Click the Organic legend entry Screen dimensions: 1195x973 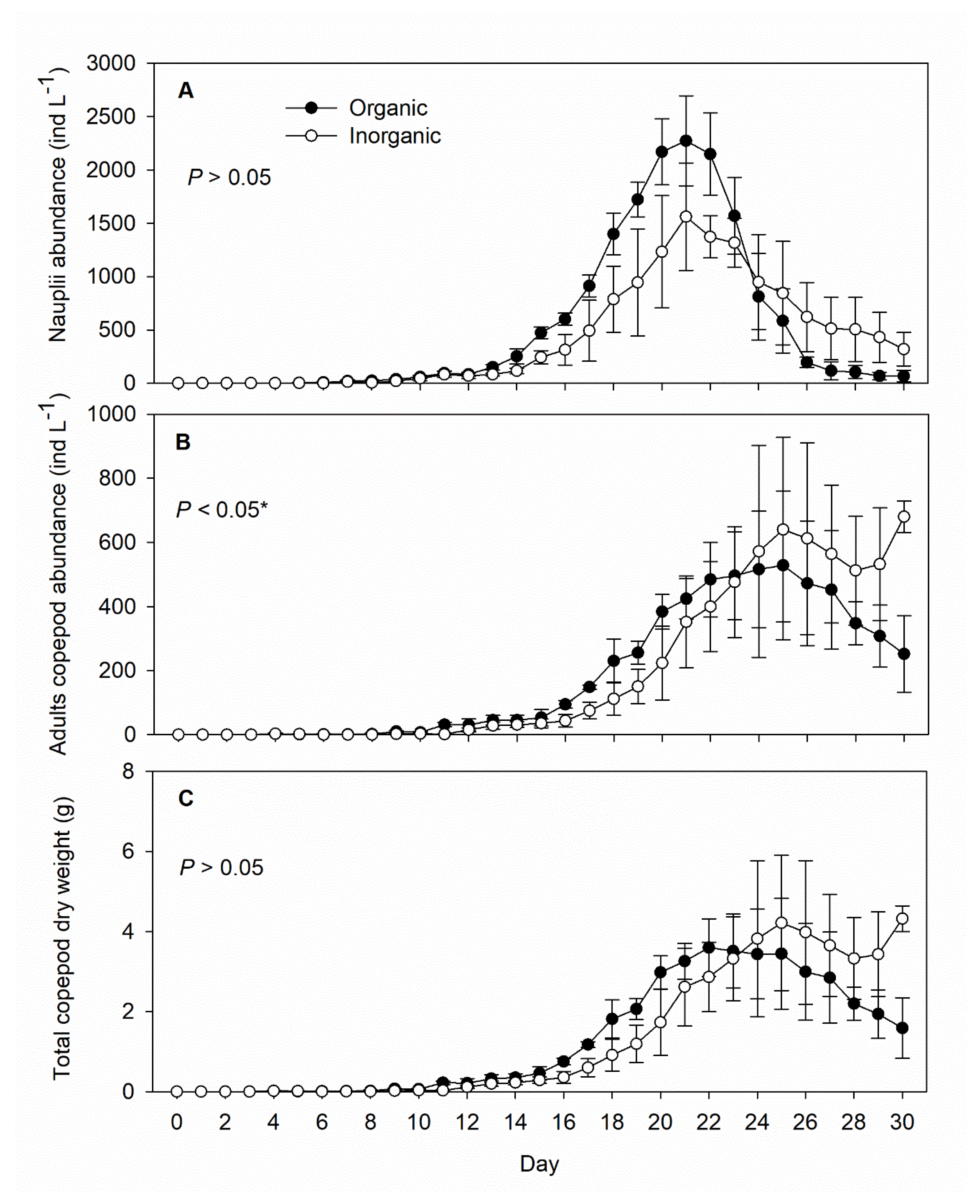click(x=388, y=108)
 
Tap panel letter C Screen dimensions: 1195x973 click(x=186, y=798)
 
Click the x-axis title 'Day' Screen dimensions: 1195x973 click(x=539, y=1164)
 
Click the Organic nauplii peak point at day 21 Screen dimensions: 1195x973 click(x=686, y=140)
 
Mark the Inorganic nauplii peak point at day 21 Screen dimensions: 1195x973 click(x=686, y=217)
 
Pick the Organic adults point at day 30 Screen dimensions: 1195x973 click(x=904, y=654)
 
